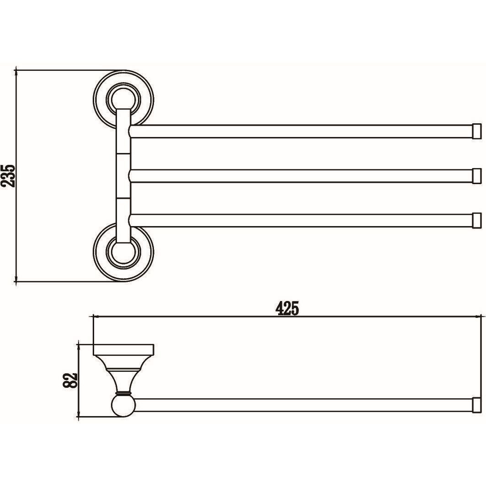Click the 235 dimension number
[8, 176]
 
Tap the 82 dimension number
[70, 380]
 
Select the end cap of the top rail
[477, 132]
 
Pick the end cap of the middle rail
[477, 176]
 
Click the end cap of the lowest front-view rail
[477, 220]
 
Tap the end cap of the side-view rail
[477, 406]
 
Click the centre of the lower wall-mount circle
[123, 252]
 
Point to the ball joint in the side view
[123, 406]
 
